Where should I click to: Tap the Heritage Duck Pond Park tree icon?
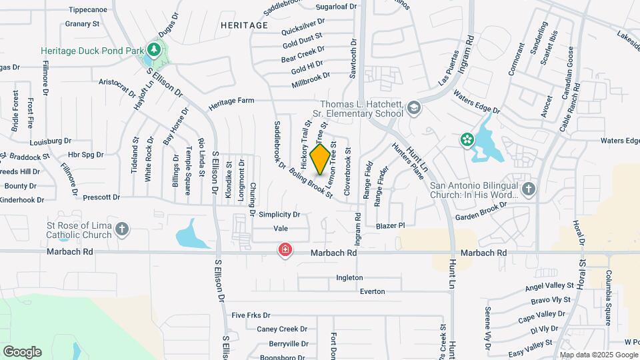[154, 50]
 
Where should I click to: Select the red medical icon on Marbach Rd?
[285, 250]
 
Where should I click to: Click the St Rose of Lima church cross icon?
[121, 229]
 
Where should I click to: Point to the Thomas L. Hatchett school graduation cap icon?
[413, 108]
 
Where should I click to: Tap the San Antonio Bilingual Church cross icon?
[528, 189]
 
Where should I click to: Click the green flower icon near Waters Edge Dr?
[467, 139]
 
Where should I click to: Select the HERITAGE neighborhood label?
[243, 25]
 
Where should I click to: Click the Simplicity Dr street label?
[280, 215]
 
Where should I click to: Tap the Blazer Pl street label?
[390, 226]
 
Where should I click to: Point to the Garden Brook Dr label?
[481, 211]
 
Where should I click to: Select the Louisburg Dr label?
[50, 141]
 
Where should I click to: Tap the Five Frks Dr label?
[251, 315]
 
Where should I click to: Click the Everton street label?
[372, 291]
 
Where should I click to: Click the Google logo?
[22, 351]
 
